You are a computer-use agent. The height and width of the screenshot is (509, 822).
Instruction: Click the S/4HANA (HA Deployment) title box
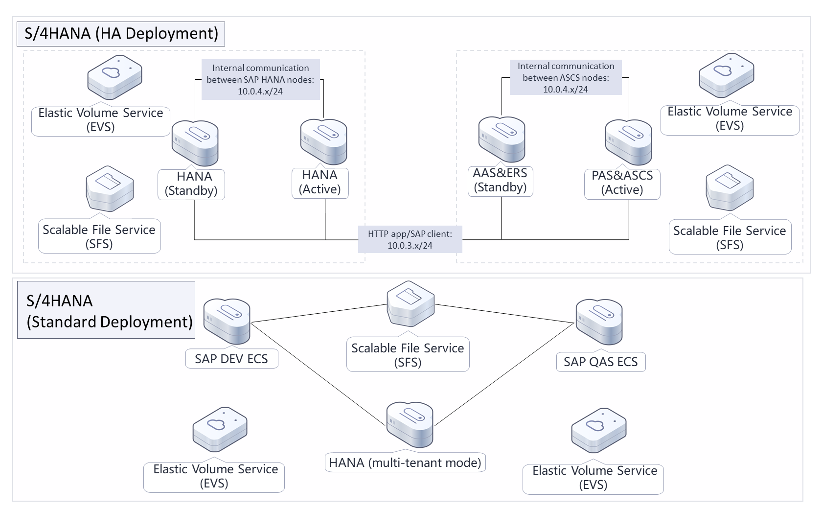pyautogui.click(x=121, y=34)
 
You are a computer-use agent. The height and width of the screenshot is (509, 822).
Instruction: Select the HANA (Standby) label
pyautogui.click(x=191, y=184)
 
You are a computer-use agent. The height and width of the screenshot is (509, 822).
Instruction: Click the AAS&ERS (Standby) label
pyautogui.click(x=500, y=181)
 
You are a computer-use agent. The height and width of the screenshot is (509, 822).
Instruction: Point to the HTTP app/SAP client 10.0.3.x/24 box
pyautogui.click(x=410, y=240)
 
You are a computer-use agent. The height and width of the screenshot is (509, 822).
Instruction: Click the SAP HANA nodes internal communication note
pyautogui.click(x=260, y=80)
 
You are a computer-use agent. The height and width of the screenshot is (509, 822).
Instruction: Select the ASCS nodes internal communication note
pyautogui.click(x=566, y=78)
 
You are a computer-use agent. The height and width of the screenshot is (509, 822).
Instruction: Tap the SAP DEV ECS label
pyautogui.click(x=231, y=359)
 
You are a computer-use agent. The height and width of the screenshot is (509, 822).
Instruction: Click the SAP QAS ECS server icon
pyautogui.click(x=599, y=323)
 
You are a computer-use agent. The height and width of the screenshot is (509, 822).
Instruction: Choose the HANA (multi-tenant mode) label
pyautogui.click(x=405, y=463)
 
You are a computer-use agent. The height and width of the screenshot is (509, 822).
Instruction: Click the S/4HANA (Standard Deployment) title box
pyautogui.click(x=106, y=310)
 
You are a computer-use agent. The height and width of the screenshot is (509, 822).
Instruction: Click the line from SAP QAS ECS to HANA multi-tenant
pyautogui.click(x=504, y=374)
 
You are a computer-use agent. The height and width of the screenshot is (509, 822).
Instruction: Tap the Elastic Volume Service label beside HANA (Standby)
pyautogui.click(x=101, y=120)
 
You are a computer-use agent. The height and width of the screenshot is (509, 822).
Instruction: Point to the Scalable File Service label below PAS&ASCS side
pyautogui.click(x=730, y=237)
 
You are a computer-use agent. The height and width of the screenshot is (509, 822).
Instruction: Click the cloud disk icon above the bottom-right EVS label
pyautogui.click(x=599, y=430)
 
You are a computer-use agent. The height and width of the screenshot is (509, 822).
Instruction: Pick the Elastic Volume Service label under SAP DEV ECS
pyautogui.click(x=214, y=476)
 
